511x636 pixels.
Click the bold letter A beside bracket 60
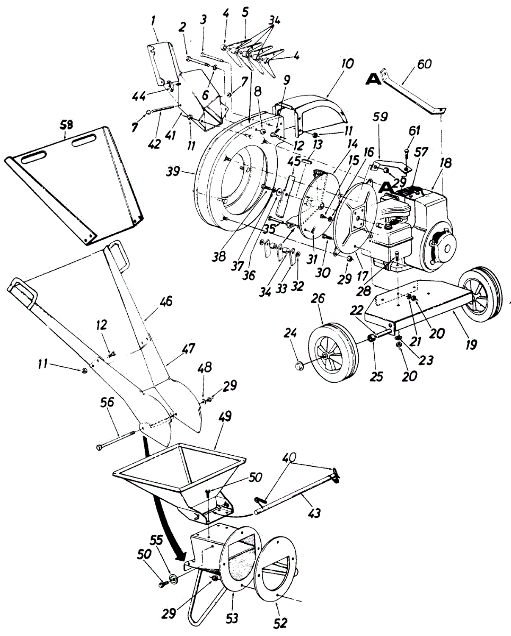tap(374, 80)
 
